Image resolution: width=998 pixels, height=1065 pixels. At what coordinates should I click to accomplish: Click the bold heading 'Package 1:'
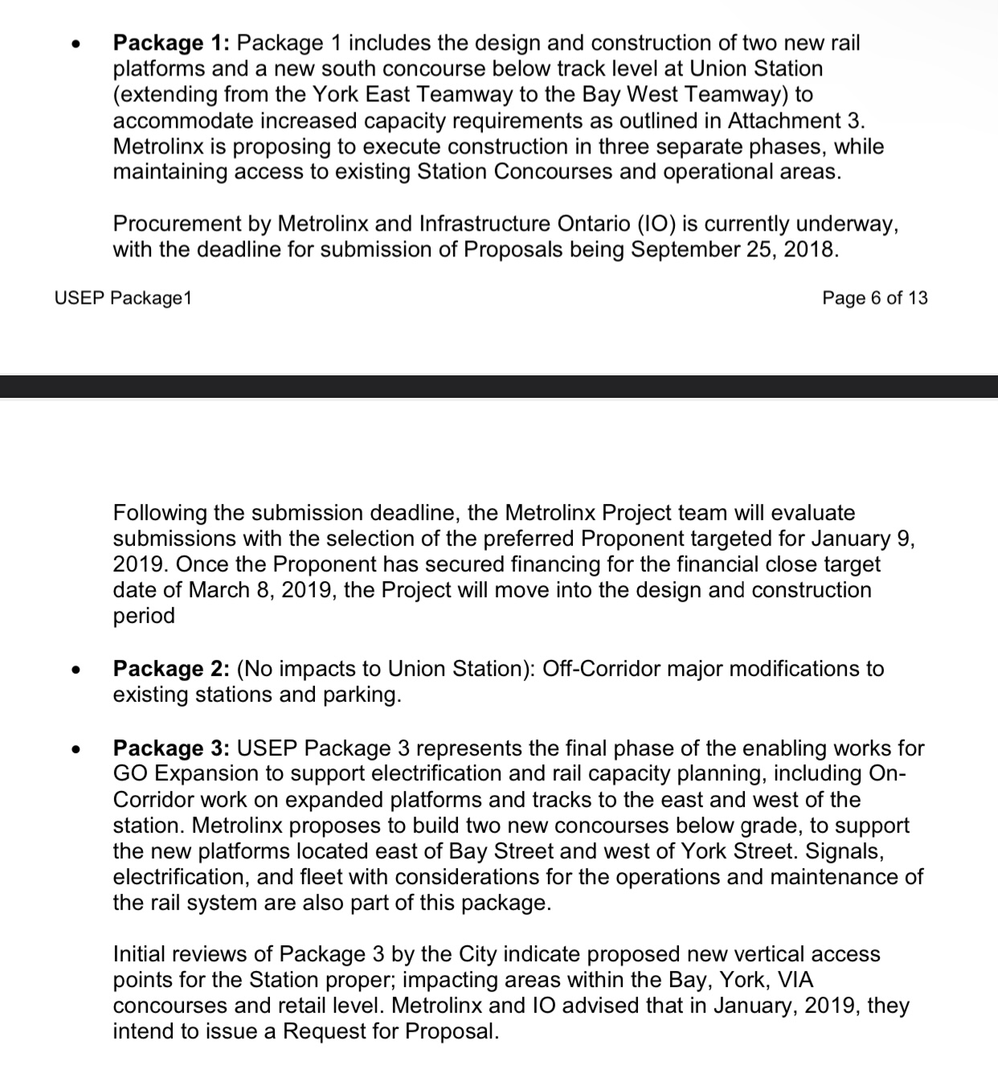click(x=171, y=43)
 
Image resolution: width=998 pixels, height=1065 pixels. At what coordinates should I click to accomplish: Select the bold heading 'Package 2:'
click(x=171, y=669)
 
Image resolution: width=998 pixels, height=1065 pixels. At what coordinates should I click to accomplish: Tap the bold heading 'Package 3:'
click(x=171, y=748)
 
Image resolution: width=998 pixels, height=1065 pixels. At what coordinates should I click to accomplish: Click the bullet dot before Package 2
click(x=76, y=670)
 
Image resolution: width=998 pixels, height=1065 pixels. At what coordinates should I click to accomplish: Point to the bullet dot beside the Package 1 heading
click(x=76, y=45)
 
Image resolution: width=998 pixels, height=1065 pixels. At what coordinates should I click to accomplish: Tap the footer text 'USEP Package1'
click(x=124, y=298)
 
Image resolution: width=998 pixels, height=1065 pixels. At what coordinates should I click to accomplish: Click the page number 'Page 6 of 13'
click(x=875, y=298)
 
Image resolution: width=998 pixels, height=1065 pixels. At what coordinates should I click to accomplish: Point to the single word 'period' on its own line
click(x=144, y=616)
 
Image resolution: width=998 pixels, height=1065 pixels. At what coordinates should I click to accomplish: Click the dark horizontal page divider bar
click(x=499, y=386)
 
